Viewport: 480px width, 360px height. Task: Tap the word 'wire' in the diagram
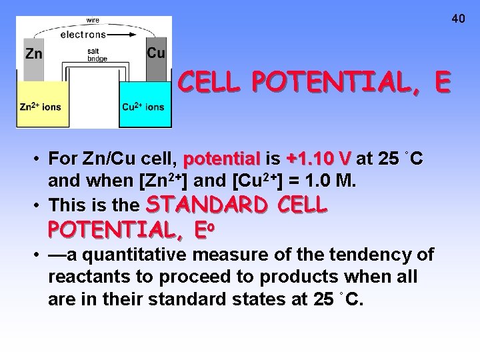93,21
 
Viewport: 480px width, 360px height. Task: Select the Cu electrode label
156,53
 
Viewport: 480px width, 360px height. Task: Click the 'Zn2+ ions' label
39,106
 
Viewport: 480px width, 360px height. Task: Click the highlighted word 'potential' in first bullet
221,159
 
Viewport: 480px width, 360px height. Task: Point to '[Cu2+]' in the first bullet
251,180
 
